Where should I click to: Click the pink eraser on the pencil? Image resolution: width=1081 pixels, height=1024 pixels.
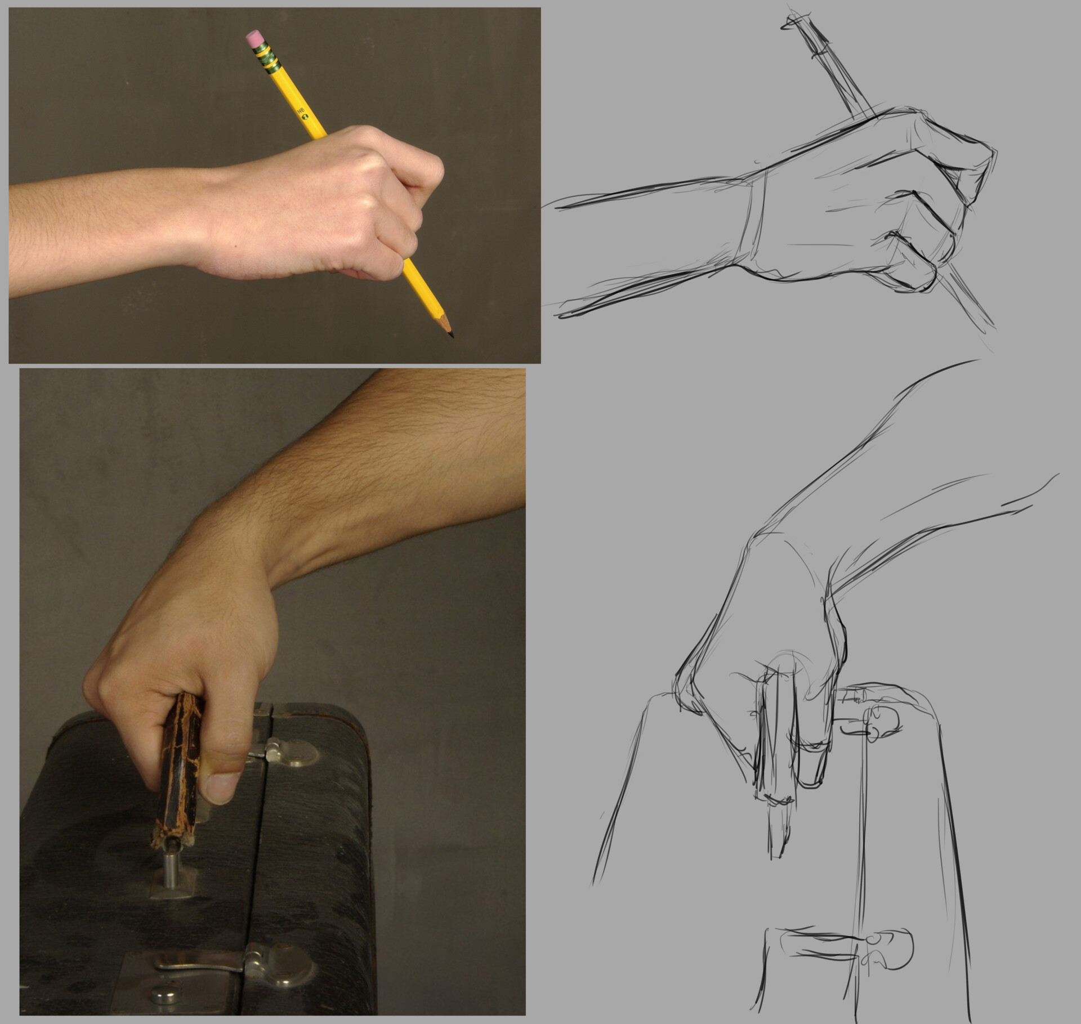[254, 39]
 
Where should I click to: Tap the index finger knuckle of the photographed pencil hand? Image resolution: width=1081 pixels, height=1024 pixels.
[428, 169]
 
